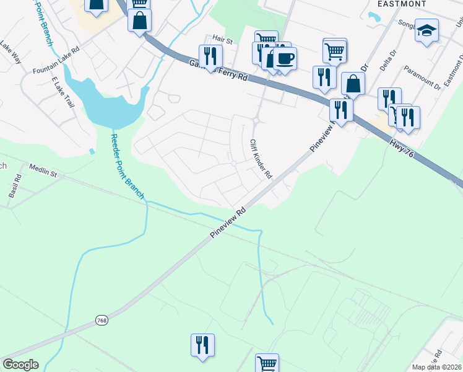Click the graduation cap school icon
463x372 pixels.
(x=426, y=30)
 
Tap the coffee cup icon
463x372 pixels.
(x=285, y=58)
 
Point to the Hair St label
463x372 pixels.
(x=222, y=40)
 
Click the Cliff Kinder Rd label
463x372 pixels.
(x=261, y=159)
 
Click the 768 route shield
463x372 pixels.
(x=102, y=320)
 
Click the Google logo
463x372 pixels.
(x=20, y=365)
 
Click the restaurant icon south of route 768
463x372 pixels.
(x=202, y=344)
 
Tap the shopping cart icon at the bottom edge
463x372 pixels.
(x=267, y=363)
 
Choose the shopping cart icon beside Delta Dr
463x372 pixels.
(x=334, y=50)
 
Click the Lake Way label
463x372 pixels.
(x=11, y=50)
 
